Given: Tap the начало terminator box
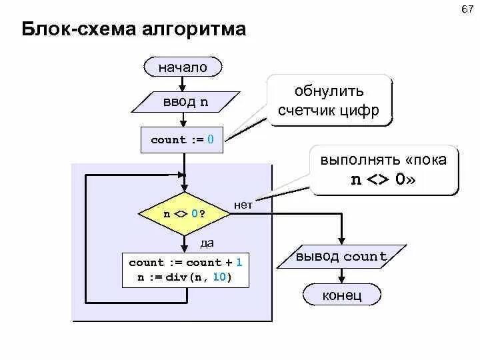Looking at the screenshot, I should coord(183,67).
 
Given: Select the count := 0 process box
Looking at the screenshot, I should coord(182,140).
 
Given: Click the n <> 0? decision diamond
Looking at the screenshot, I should coord(185,214).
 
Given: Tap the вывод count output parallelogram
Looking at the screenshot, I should coord(341,257).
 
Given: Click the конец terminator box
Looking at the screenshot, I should coord(342,295).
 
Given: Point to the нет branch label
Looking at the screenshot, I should coord(243,205).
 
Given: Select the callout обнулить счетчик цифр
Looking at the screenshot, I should coord(329,101).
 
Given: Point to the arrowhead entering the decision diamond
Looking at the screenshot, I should coord(185,191).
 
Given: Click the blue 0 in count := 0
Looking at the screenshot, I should coord(211,140).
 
